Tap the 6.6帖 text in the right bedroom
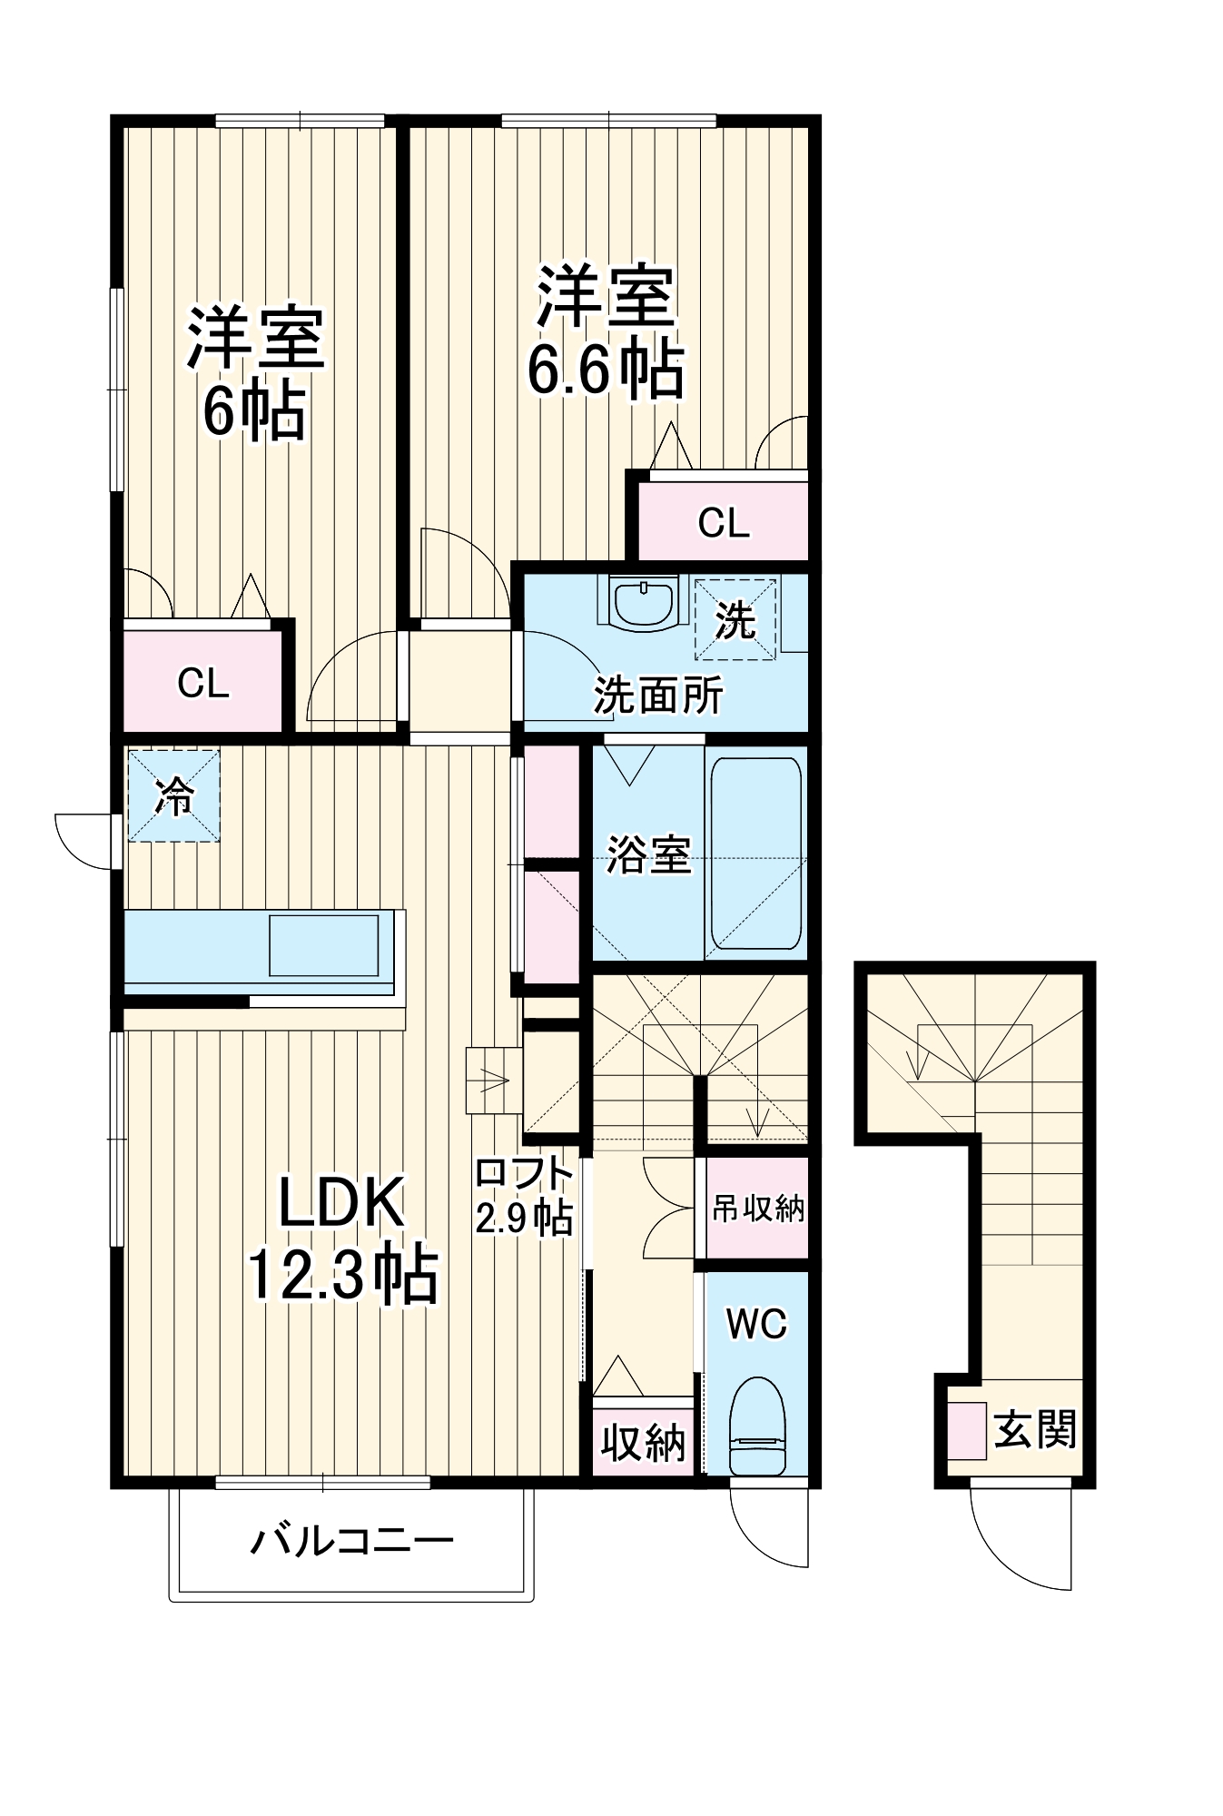607,370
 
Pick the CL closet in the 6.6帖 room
723,522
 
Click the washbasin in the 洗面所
643,602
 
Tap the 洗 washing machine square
735,620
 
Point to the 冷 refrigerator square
173,795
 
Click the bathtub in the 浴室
755,854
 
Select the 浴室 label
648,854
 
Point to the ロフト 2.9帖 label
524,1196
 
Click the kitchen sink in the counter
323,945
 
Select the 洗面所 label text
658,696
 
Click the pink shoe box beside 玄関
967,1431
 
